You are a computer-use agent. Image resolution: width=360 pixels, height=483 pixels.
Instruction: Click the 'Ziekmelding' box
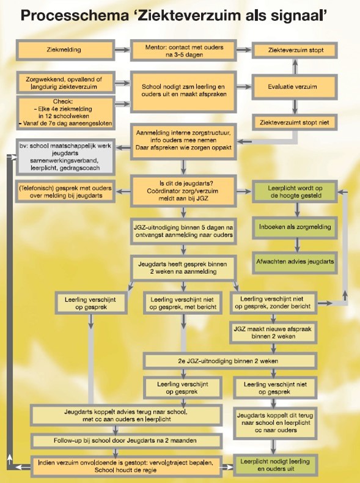(65, 50)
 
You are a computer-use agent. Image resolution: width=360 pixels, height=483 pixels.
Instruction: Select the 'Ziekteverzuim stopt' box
(295, 50)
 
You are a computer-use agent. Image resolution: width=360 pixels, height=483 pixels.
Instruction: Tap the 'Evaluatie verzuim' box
(295, 87)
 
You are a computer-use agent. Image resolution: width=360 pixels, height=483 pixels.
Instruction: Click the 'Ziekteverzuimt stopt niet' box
(295, 123)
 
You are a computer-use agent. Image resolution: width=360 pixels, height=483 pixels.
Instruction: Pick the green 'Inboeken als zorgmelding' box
(295, 227)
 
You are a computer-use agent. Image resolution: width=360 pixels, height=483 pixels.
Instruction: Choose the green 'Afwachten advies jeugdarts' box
(295, 262)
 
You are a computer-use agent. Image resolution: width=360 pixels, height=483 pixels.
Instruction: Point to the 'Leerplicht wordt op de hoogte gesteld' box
(295, 191)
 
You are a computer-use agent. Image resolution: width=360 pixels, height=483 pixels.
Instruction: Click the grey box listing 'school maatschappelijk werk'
(65, 157)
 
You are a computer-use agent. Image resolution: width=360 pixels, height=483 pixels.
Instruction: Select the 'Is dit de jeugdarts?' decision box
(183, 191)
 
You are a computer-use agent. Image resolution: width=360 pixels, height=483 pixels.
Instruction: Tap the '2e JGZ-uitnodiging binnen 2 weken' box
(230, 361)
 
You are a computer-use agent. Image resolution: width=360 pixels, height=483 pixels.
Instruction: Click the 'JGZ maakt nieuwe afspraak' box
(273, 333)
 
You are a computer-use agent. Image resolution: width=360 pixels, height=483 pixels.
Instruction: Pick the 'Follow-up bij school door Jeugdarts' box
(127, 441)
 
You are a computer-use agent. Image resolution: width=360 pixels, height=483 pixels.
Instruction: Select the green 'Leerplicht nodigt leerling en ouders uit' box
(275, 465)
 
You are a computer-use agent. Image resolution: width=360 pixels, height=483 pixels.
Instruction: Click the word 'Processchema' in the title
(74, 16)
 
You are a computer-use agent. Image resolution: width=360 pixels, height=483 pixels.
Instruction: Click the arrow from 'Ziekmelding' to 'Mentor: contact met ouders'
(122, 50)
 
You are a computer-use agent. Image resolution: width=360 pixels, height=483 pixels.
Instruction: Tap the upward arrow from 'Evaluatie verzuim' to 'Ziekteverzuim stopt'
(295, 67)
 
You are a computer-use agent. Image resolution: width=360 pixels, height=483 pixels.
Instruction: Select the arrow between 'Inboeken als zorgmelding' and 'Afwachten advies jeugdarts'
(297, 245)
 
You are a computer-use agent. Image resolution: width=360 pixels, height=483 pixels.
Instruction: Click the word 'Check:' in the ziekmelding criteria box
(63, 101)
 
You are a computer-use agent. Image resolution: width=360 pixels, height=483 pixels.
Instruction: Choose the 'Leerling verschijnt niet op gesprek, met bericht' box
(183, 303)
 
